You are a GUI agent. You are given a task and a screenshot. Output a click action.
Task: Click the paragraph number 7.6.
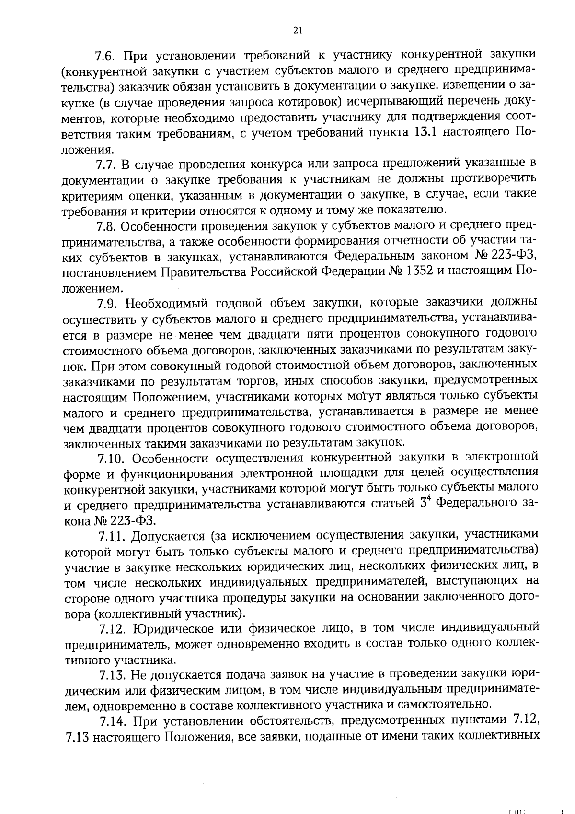(105, 56)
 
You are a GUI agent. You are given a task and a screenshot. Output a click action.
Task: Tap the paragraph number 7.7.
(105, 165)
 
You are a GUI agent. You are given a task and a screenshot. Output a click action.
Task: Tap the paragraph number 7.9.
(106, 303)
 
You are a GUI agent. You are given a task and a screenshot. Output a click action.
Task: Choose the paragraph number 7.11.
(109, 535)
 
